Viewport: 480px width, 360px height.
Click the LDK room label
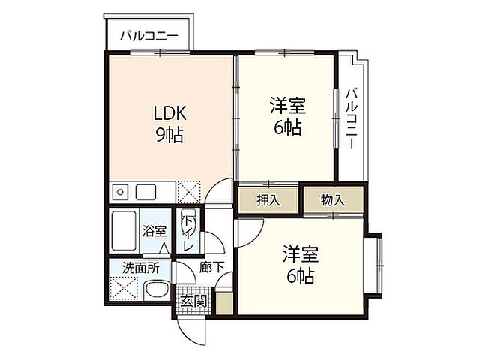[x=169, y=113]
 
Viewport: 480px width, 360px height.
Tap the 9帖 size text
[x=169, y=135]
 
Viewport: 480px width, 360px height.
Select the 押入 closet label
[x=268, y=200]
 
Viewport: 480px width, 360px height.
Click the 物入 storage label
[x=333, y=200]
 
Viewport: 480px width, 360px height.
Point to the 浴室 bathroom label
[x=154, y=231]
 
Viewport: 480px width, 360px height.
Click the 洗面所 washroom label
[x=140, y=268]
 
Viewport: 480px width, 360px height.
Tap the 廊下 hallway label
[x=211, y=267]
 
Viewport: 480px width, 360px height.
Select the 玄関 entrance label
[x=193, y=301]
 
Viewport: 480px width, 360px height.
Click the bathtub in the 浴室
[x=124, y=231]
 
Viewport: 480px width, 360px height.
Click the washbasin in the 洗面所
[x=157, y=290]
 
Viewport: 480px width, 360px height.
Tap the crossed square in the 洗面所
[x=124, y=288]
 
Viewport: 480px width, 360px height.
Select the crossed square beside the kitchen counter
[x=189, y=192]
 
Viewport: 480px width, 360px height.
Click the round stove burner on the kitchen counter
[x=120, y=192]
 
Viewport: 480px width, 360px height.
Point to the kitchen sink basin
[x=145, y=192]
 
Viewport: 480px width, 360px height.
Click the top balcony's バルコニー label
[x=149, y=36]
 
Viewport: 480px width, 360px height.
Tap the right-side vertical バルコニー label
[x=352, y=118]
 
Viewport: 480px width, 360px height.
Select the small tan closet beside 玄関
[x=224, y=303]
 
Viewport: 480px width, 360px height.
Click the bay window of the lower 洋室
[x=374, y=265]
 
